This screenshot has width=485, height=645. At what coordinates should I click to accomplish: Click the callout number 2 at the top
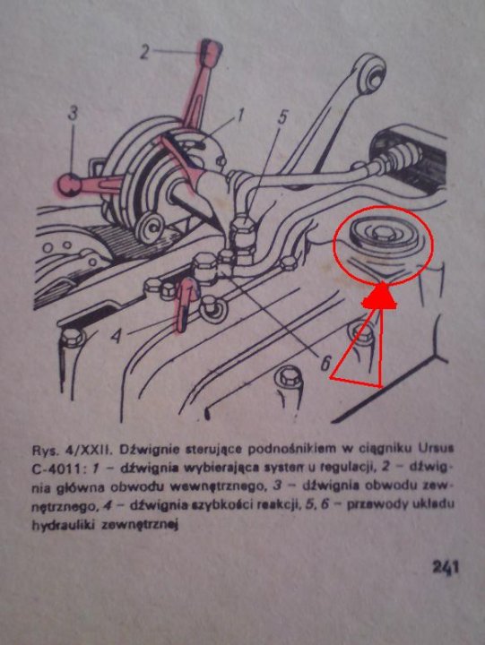pyautogui.click(x=144, y=52)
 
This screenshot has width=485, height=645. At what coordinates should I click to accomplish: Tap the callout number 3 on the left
pyautogui.click(x=73, y=113)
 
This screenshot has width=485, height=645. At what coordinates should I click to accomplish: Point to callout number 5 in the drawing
pyautogui.click(x=281, y=117)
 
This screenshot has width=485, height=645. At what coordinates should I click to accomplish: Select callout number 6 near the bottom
pyautogui.click(x=325, y=363)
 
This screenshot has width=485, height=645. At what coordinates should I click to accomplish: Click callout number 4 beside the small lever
pyautogui.click(x=117, y=337)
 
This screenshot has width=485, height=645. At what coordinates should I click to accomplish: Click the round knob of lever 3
pyautogui.click(x=68, y=185)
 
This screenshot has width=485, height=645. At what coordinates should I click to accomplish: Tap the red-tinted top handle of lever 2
pyautogui.click(x=211, y=51)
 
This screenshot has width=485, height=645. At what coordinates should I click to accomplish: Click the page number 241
pyautogui.click(x=445, y=567)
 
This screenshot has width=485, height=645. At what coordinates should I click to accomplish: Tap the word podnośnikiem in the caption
pyautogui.click(x=283, y=450)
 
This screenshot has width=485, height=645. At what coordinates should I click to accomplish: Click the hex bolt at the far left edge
pyautogui.click(x=71, y=338)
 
